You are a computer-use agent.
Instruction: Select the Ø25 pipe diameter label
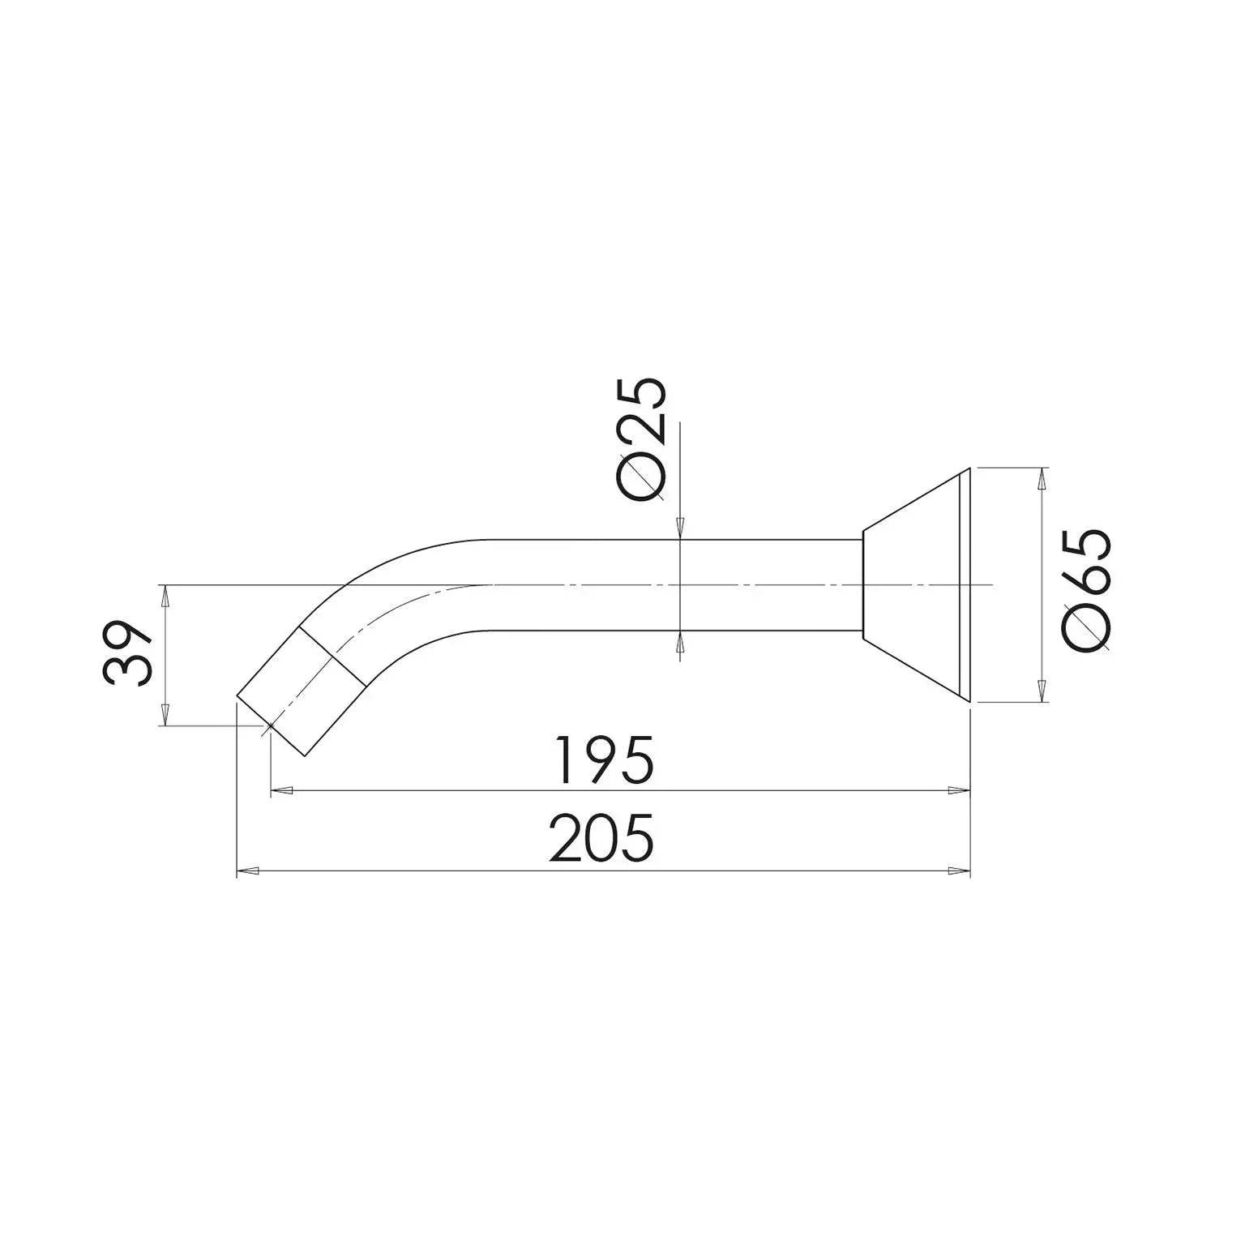(641, 437)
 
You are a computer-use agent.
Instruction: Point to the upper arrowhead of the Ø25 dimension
(679, 528)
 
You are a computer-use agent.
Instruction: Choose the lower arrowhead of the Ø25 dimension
(679, 643)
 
